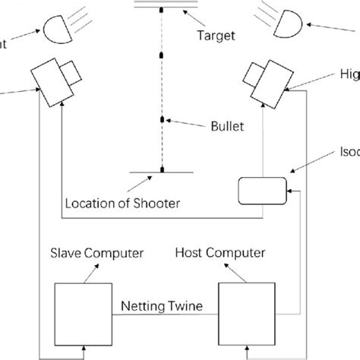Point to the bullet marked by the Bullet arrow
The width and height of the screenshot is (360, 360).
click(x=162, y=120)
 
